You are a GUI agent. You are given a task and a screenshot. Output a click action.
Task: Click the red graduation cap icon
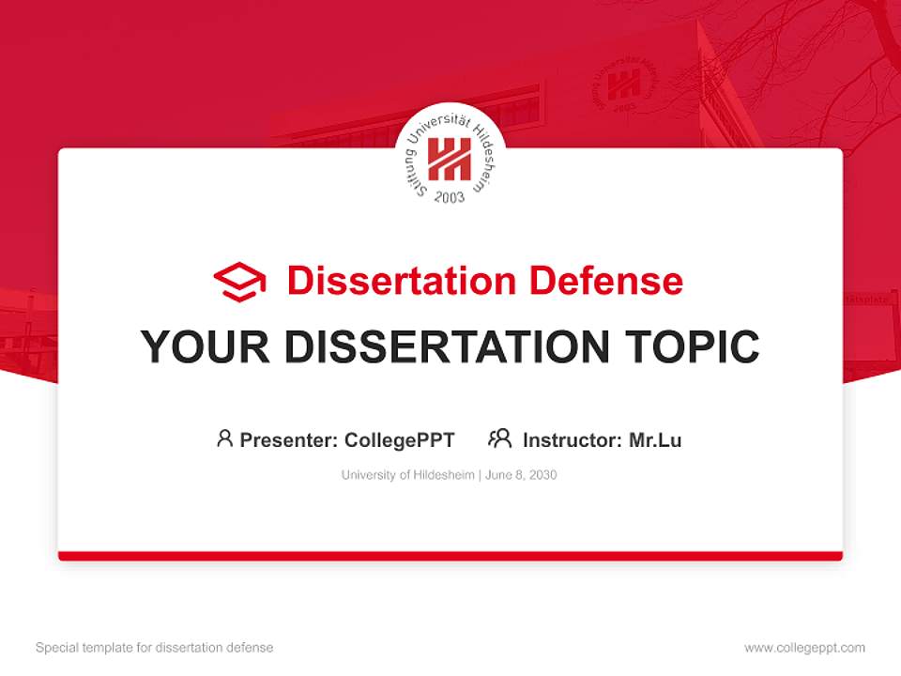pos(239,282)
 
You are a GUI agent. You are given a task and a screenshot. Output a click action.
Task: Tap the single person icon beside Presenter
pos(224,438)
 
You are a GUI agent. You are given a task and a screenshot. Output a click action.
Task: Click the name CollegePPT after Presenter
pos(400,439)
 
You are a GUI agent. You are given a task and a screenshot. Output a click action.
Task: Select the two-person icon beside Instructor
pos(500,438)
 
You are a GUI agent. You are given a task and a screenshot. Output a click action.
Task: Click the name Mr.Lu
pos(655,439)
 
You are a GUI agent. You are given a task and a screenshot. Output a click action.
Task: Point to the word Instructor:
pos(573,439)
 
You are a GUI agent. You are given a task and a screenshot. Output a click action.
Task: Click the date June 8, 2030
pos(522,475)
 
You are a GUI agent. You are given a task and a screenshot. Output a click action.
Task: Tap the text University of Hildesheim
pos(408,475)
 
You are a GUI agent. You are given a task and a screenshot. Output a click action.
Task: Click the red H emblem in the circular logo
pos(450,160)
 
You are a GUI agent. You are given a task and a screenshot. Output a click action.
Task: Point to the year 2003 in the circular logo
pos(450,197)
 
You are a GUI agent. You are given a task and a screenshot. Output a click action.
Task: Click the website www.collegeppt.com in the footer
pos(804,648)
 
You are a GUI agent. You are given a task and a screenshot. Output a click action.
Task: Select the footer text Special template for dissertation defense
pos(155,648)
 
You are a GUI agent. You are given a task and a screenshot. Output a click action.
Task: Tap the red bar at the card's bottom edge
pos(450,556)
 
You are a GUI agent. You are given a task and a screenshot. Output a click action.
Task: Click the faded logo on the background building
pos(624,86)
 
